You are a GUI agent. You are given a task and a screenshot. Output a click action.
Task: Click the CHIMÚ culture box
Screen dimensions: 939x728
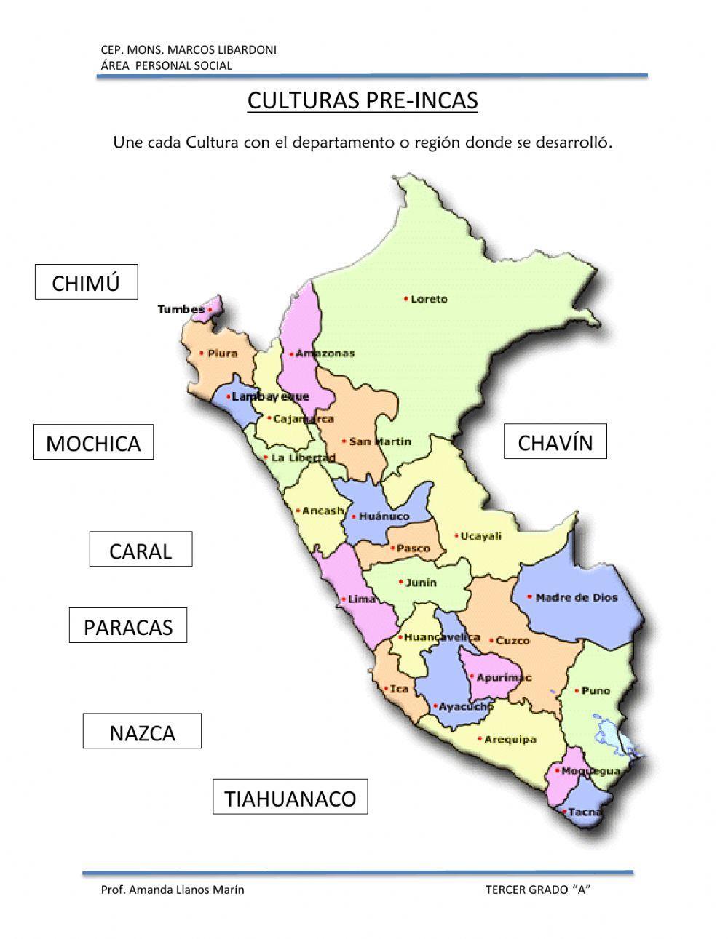point(86,282)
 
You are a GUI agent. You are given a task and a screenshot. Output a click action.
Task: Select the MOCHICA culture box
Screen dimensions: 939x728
point(93,442)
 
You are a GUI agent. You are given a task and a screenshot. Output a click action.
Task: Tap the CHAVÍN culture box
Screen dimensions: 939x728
point(555,441)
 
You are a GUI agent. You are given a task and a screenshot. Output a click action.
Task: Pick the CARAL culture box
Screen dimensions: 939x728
point(141,549)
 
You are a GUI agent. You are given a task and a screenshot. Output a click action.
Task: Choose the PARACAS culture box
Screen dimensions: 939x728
point(128,626)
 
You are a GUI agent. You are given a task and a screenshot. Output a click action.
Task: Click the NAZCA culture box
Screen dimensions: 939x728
point(142,731)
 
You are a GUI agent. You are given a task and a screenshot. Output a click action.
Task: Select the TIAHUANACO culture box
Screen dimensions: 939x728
point(290,797)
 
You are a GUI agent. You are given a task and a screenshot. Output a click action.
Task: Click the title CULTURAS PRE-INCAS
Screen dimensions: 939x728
point(363,100)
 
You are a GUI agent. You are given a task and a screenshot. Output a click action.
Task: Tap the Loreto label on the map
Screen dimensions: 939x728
point(429,299)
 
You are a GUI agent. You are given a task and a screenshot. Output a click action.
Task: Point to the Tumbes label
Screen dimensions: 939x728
point(181,310)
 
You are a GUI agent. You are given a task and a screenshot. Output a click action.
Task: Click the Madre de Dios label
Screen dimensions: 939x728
point(576,597)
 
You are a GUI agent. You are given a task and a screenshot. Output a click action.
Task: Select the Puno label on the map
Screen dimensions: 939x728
point(596,690)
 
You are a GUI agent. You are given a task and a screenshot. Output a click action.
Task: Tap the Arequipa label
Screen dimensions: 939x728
point(510,739)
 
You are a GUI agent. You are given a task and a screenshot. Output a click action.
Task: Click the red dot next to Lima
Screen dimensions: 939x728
point(343,600)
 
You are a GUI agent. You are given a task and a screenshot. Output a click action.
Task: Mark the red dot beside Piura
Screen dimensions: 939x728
point(202,353)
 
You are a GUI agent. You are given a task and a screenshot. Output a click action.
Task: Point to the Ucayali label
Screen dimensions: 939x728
point(481,536)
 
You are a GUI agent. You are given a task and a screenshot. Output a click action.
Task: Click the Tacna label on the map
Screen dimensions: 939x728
point(585,812)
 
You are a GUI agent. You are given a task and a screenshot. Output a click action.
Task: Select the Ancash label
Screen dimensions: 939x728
point(323,511)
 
